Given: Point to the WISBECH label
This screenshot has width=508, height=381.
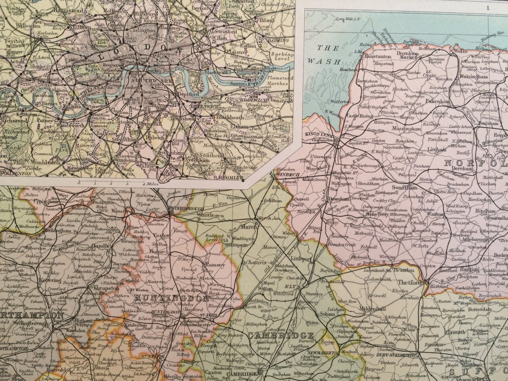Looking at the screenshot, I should [x=289, y=174].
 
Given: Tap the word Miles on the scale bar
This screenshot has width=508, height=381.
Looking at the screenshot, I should [x=153, y=184].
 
